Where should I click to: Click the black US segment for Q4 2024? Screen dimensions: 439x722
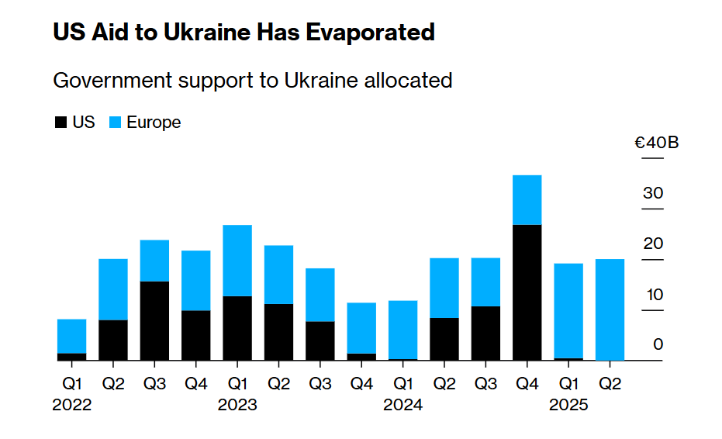pyautogui.click(x=527, y=292)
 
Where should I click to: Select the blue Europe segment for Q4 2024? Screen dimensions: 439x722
pyautogui.click(x=527, y=199)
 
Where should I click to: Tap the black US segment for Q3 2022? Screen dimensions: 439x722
pyautogui.click(x=154, y=320)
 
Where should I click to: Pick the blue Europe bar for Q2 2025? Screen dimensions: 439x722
pyautogui.click(x=610, y=309)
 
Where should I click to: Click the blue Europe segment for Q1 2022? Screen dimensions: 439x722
pyautogui.click(x=71, y=336)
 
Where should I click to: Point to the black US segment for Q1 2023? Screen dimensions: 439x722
pyautogui.click(x=237, y=328)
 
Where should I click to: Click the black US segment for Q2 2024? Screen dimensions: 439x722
pyautogui.click(x=444, y=339)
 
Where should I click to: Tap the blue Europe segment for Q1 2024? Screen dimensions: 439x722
pyautogui.click(x=403, y=330)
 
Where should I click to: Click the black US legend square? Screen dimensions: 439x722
pyautogui.click(x=60, y=123)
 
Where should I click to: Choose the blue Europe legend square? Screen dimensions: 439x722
pyautogui.click(x=115, y=123)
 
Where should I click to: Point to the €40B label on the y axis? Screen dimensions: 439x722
pyautogui.click(x=656, y=143)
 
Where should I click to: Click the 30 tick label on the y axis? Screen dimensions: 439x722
pyautogui.click(x=653, y=193)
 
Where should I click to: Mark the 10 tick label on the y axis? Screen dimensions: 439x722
pyautogui.click(x=653, y=295)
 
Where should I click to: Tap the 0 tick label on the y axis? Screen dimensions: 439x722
pyautogui.click(x=658, y=345)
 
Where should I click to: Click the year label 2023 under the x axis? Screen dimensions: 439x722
pyautogui.click(x=237, y=405)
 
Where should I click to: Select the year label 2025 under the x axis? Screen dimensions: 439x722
pyautogui.click(x=568, y=405)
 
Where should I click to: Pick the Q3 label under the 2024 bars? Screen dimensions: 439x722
pyautogui.click(x=485, y=382)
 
